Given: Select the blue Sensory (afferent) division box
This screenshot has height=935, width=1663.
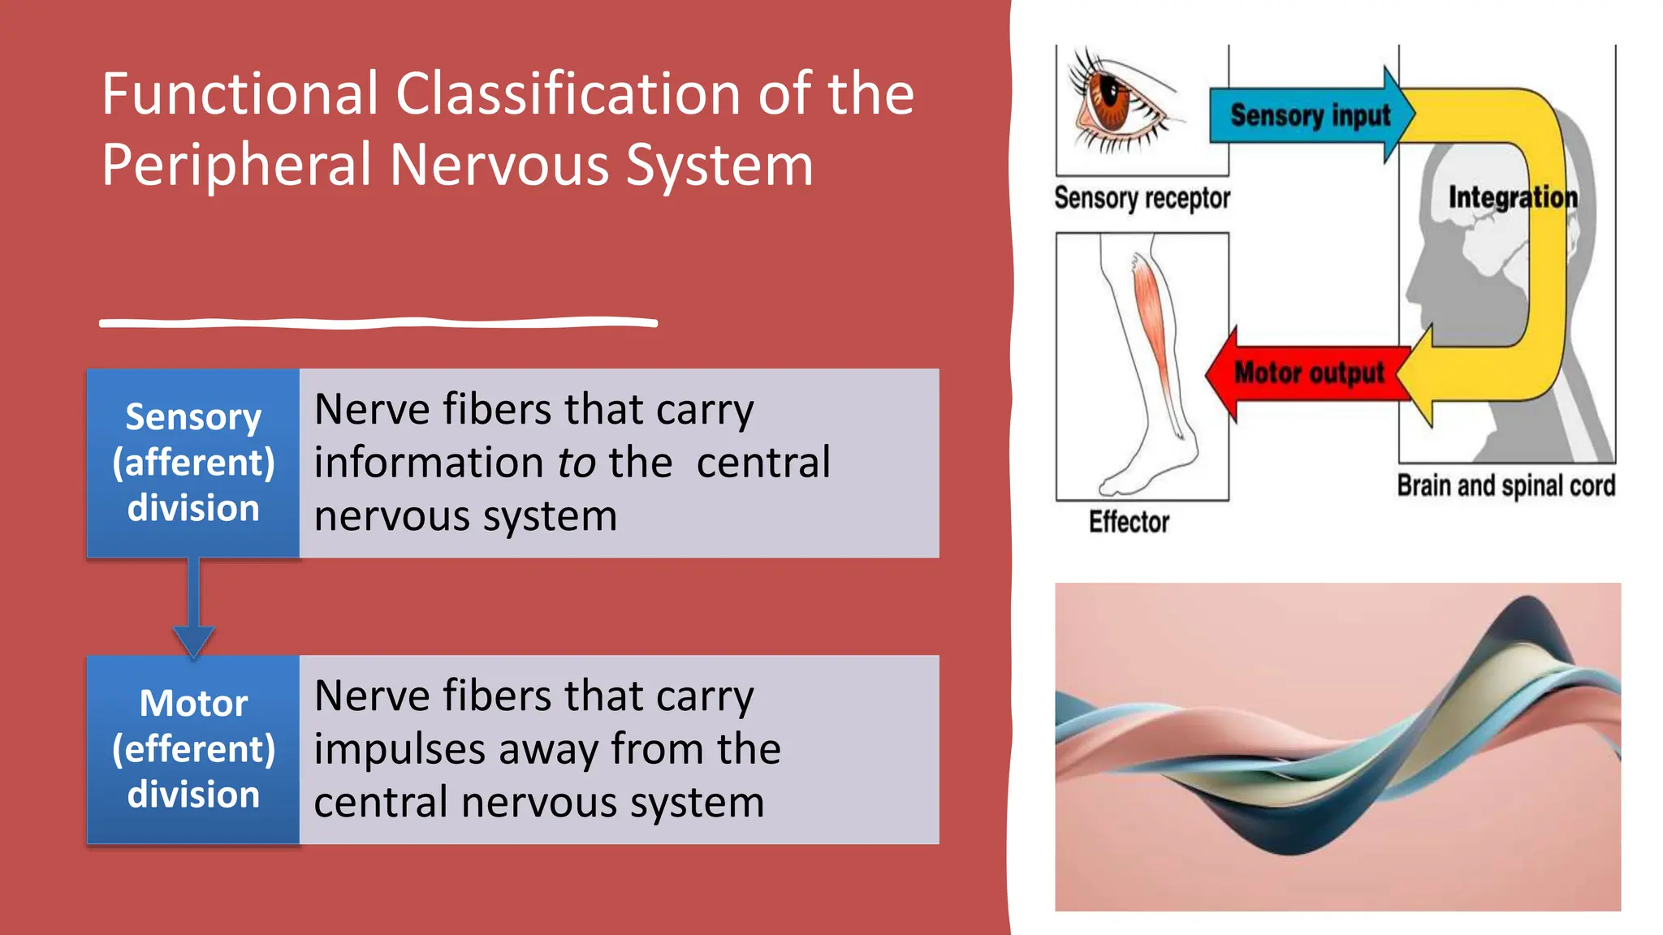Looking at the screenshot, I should [x=193, y=463].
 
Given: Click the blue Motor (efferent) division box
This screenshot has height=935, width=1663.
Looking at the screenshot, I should [x=193, y=749].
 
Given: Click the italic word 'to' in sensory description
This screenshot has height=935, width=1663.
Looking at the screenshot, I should [x=577, y=463].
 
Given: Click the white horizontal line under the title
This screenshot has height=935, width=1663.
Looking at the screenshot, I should [x=378, y=323].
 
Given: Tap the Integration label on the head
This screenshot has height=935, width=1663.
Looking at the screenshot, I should [x=1512, y=197].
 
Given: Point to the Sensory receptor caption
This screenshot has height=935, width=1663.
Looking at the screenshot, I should [x=1142, y=198].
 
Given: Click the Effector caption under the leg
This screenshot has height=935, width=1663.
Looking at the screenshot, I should [x=1129, y=522].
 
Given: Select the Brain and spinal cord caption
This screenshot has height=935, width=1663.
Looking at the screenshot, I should [x=1505, y=485].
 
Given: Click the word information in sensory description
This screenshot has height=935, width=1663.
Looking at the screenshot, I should [x=429, y=463].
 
